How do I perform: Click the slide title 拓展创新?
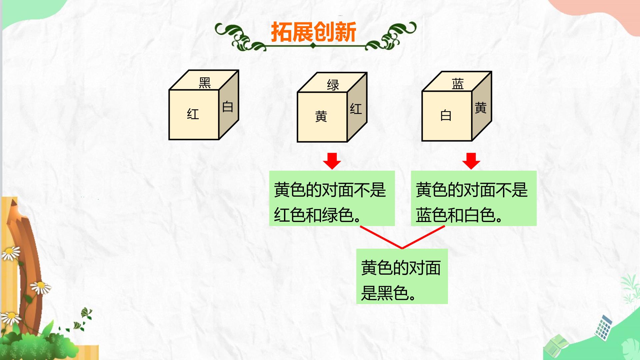[x=314, y=32]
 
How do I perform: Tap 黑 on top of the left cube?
[x=205, y=83]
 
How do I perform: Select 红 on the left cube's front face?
[x=193, y=114]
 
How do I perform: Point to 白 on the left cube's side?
[x=228, y=107]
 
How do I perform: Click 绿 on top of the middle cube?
[x=333, y=85]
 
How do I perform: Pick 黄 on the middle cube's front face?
[x=321, y=116]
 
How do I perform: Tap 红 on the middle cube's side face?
[x=356, y=109]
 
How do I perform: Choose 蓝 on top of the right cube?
[x=458, y=84]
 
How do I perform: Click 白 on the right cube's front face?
[x=446, y=115]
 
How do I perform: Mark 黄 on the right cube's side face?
[x=481, y=108]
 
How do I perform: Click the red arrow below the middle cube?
[x=332, y=161]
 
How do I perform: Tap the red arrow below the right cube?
[x=471, y=161]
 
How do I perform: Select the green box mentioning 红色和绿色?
[x=332, y=198]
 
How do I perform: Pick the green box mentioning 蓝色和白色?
[x=474, y=198]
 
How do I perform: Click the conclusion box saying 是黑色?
[x=402, y=276]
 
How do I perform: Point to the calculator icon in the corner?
[x=604, y=328]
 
